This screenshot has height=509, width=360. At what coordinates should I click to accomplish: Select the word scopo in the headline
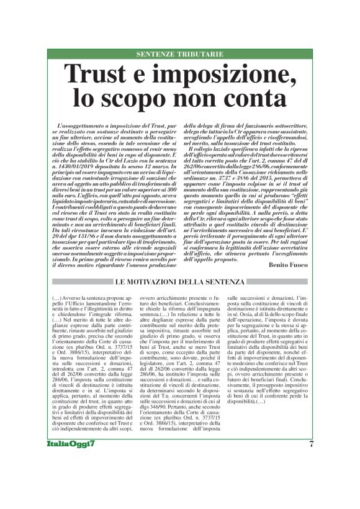(133, 97)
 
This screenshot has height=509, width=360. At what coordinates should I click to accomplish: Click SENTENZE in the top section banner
(159, 55)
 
